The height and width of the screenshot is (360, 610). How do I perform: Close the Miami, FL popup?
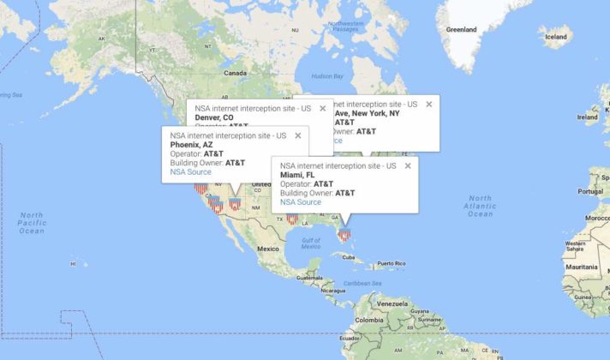pos(408,165)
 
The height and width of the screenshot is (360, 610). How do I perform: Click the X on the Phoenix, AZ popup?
pos(297,135)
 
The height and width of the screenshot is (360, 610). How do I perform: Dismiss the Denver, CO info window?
pos(322,108)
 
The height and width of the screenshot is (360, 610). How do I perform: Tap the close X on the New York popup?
pos(428,105)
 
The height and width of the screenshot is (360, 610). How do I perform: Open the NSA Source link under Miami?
pos(301,202)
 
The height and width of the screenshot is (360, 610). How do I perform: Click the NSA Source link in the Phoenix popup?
pos(190,172)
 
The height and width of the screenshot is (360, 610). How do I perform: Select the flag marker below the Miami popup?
pos(344,233)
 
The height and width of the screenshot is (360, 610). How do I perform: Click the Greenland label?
pos(461,29)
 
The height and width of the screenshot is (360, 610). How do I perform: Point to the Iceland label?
pos(557,37)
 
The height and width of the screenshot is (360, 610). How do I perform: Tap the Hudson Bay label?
pos(326,76)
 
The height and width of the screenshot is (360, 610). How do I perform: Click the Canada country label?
pos(235,74)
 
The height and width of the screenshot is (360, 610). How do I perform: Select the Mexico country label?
pos(269,249)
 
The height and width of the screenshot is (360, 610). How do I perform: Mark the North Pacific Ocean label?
pos(32,223)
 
